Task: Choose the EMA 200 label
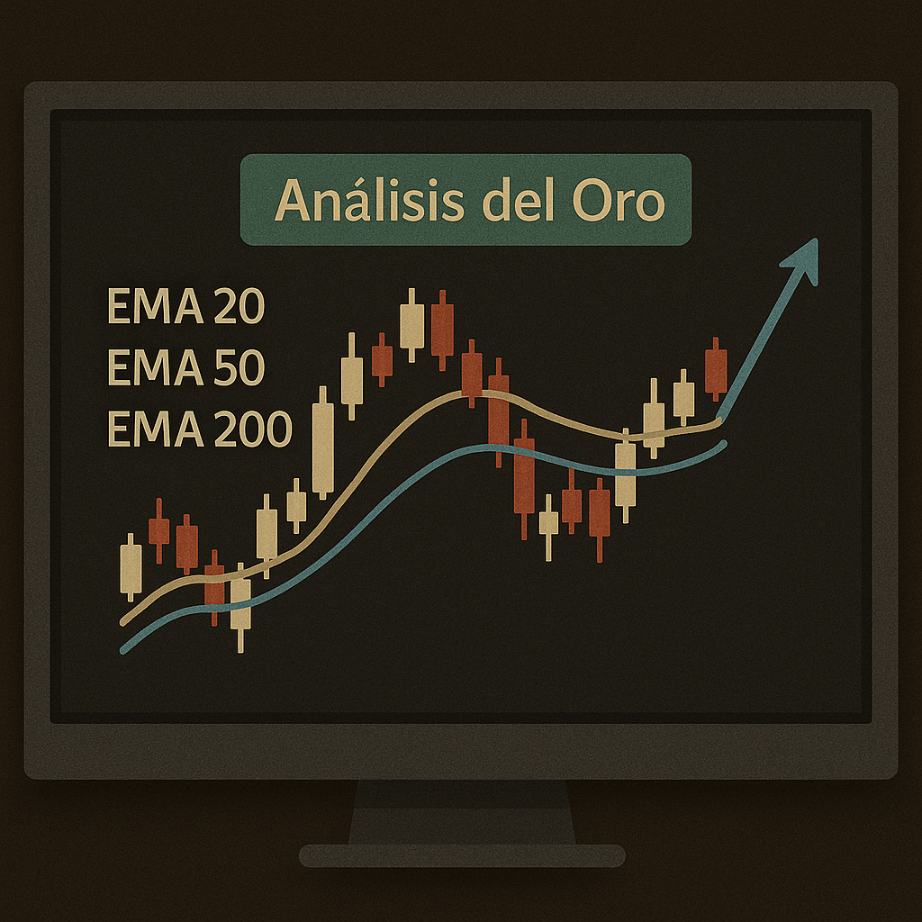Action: point(199,428)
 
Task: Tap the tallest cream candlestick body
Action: point(322,447)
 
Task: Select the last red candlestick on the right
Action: point(716,370)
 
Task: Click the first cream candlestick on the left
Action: point(131,567)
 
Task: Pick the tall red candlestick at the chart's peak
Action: point(442,330)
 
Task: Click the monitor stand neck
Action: point(461,810)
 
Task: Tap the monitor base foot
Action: point(461,855)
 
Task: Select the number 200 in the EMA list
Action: point(256,428)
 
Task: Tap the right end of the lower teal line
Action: point(723,444)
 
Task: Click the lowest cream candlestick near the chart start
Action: point(240,603)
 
